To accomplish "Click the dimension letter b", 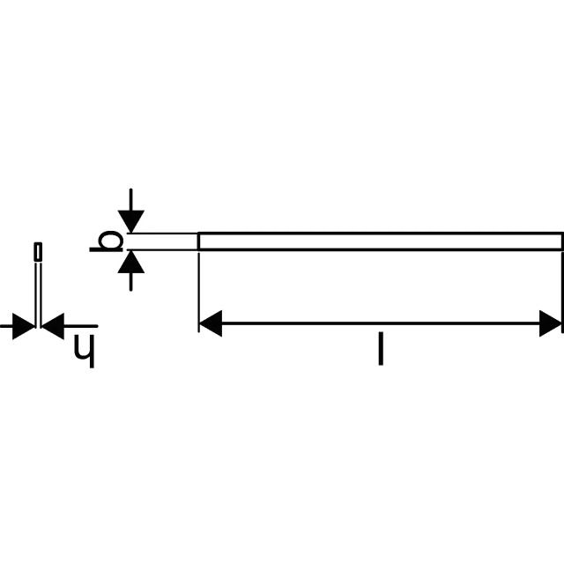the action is [x=107, y=241].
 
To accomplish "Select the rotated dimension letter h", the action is [x=85, y=351].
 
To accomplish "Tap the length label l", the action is [x=381, y=349].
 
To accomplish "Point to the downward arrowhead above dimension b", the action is [x=131, y=221].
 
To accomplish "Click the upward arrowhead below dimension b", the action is [x=131, y=262].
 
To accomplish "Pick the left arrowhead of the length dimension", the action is [x=211, y=323].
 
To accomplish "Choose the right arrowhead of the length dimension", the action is [x=550, y=323].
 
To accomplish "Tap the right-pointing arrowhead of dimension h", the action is [x=24, y=326].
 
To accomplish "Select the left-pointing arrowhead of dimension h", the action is [x=53, y=326].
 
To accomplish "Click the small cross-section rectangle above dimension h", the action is [x=38, y=251].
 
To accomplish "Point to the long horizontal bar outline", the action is [x=380, y=241].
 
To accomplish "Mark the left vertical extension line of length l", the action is [x=198, y=292].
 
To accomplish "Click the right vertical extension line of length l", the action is [x=562, y=292].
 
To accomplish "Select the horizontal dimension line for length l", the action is [x=381, y=323].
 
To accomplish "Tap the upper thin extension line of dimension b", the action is [x=162, y=234].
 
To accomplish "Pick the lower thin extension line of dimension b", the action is [x=162, y=249].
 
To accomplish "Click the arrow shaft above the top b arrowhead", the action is [x=131, y=200].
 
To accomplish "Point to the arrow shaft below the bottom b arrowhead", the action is [x=131, y=282].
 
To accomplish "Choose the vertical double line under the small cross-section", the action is [x=38, y=295].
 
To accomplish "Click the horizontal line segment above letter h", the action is [x=80, y=326].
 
